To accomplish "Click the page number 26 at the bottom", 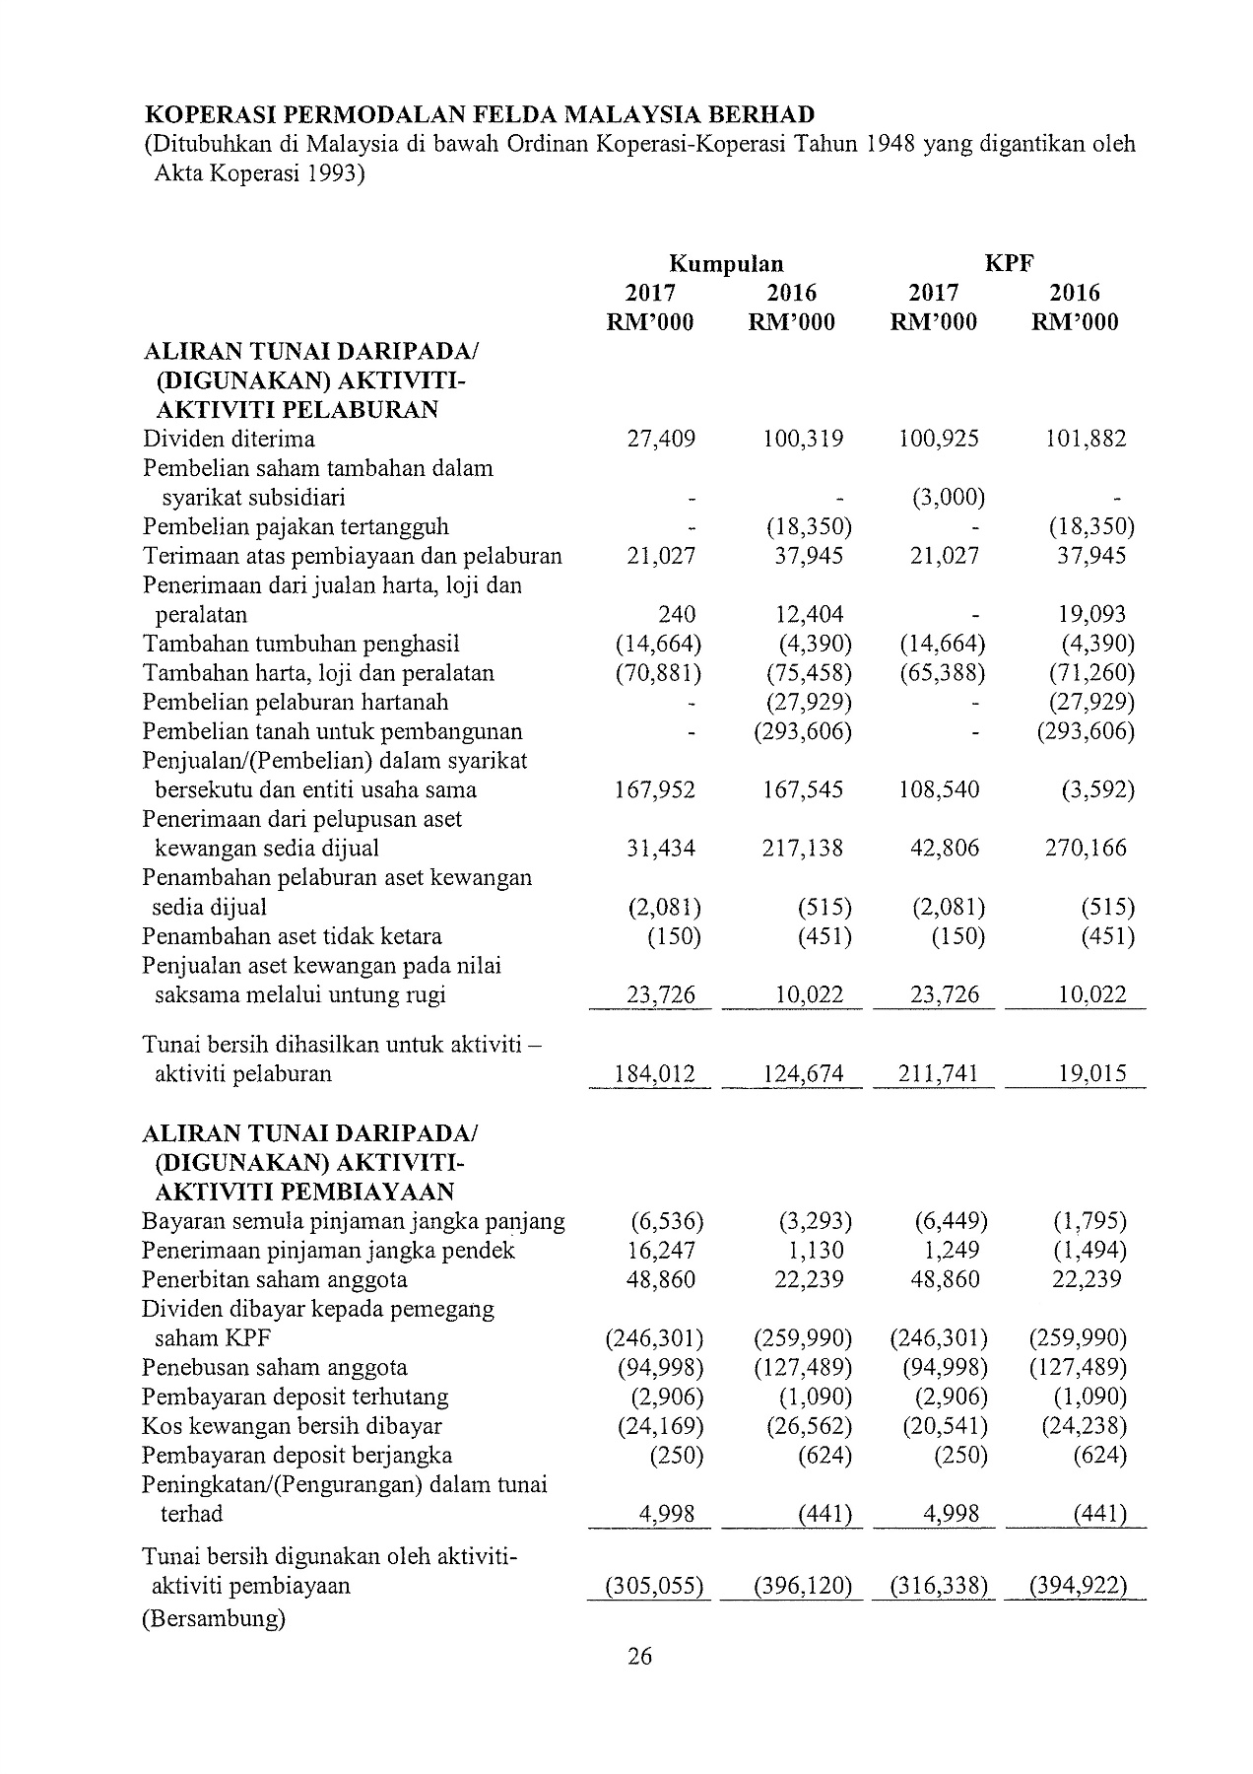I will point(639,1656).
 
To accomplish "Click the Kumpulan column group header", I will point(726,263).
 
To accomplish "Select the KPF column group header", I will point(1009,263).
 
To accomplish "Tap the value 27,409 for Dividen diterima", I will point(661,439).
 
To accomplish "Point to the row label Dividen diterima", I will point(229,439).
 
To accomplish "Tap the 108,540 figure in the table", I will point(939,789).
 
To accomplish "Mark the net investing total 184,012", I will point(654,1073).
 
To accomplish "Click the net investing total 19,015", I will point(1092,1073).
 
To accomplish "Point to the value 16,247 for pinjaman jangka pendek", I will point(661,1250).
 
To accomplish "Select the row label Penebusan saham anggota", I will point(274,1367).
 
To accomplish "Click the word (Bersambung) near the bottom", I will point(214,1618).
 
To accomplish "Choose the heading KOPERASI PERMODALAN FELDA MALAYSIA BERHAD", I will point(479,114).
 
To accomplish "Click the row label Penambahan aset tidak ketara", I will point(292,935).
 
